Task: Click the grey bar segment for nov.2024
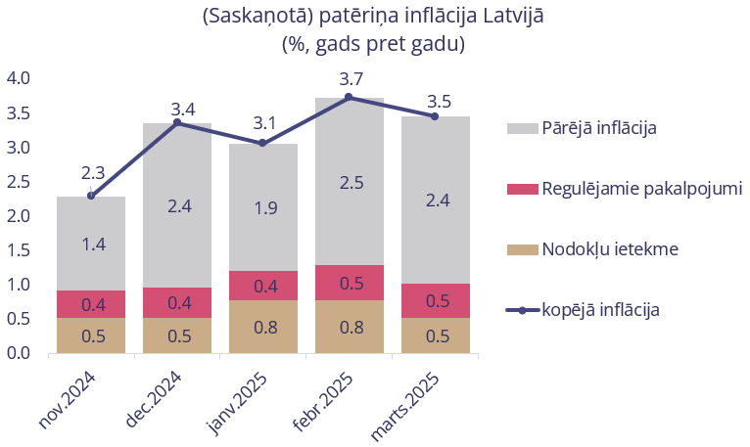(91, 244)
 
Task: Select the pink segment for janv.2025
(263, 285)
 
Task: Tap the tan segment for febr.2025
(350, 327)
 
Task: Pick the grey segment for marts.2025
(436, 201)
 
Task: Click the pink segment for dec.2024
(177, 303)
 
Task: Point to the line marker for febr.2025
(350, 97)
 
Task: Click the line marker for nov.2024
(91, 196)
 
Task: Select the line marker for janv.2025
(263, 143)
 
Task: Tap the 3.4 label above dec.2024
(183, 109)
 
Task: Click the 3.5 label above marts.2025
(440, 101)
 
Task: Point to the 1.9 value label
(263, 207)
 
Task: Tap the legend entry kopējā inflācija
(600, 310)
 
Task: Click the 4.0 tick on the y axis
(19, 78)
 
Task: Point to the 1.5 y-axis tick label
(19, 250)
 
